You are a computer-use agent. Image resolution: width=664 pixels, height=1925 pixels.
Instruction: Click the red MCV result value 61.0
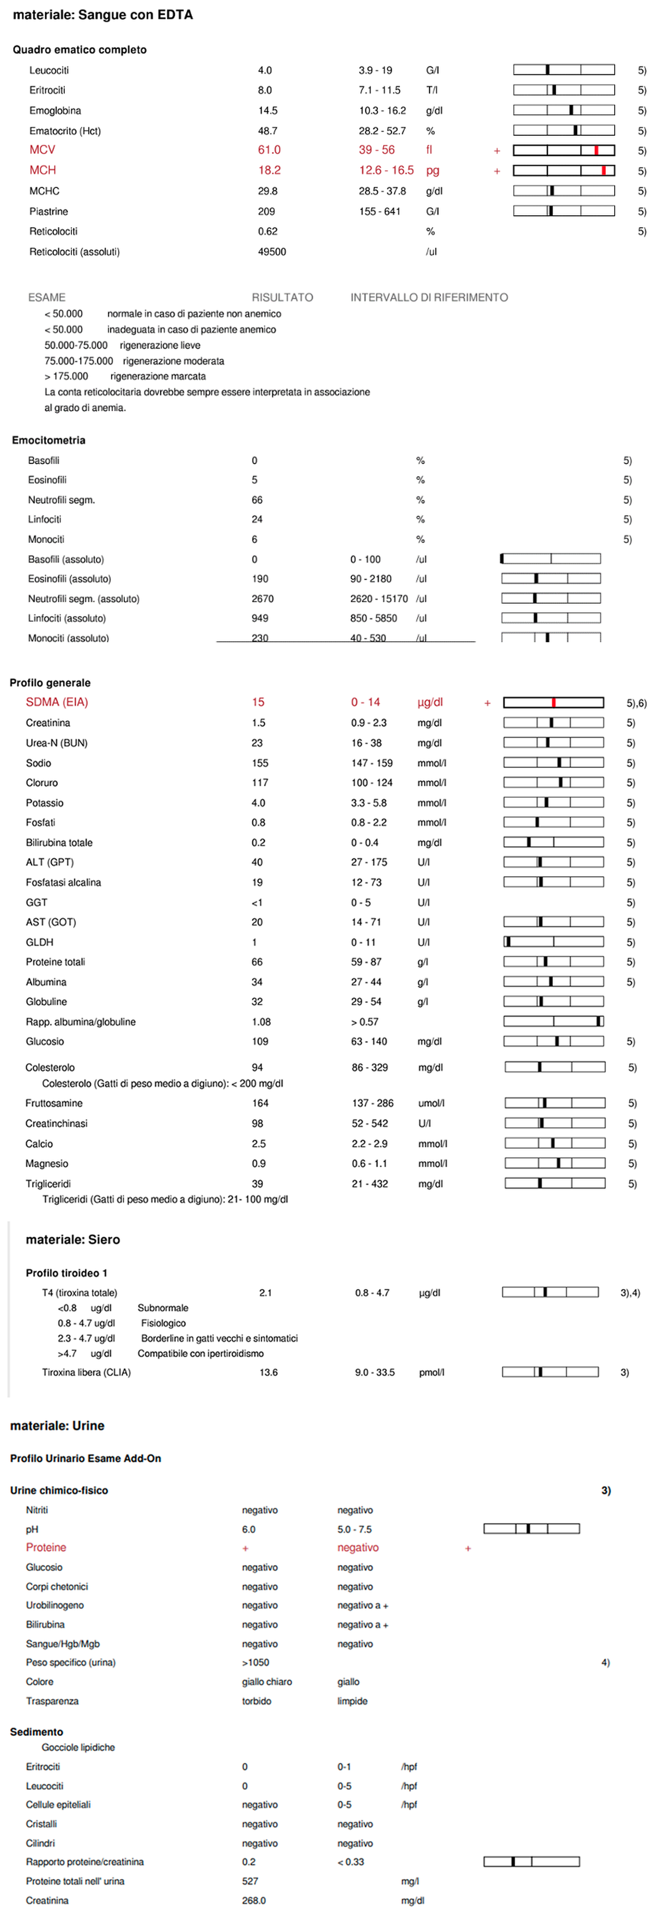[x=269, y=150]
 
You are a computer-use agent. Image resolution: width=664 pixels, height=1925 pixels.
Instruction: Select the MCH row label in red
[x=43, y=170]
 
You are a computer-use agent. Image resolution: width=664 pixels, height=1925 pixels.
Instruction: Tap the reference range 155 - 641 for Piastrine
[x=380, y=211]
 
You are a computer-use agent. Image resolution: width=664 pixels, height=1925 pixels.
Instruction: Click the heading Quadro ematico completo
[x=79, y=49]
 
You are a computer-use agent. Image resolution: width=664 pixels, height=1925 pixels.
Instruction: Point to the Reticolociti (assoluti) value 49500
[x=272, y=252]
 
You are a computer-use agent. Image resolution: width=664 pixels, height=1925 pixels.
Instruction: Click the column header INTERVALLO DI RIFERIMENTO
[x=430, y=298]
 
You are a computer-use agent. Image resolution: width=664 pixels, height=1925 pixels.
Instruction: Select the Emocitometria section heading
[x=49, y=440]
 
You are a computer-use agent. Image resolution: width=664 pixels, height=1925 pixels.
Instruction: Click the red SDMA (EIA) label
[x=57, y=702]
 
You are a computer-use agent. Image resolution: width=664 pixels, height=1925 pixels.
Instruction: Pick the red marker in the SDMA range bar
[x=553, y=702]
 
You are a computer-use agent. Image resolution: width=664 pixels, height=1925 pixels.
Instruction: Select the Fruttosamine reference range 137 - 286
[x=373, y=1103]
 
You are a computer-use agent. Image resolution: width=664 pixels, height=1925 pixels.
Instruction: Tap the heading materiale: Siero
[x=73, y=1240]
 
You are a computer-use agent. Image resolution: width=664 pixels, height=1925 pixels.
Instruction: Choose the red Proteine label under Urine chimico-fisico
[x=47, y=1547]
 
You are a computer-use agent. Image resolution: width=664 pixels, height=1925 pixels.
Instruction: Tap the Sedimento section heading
[x=36, y=1731]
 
